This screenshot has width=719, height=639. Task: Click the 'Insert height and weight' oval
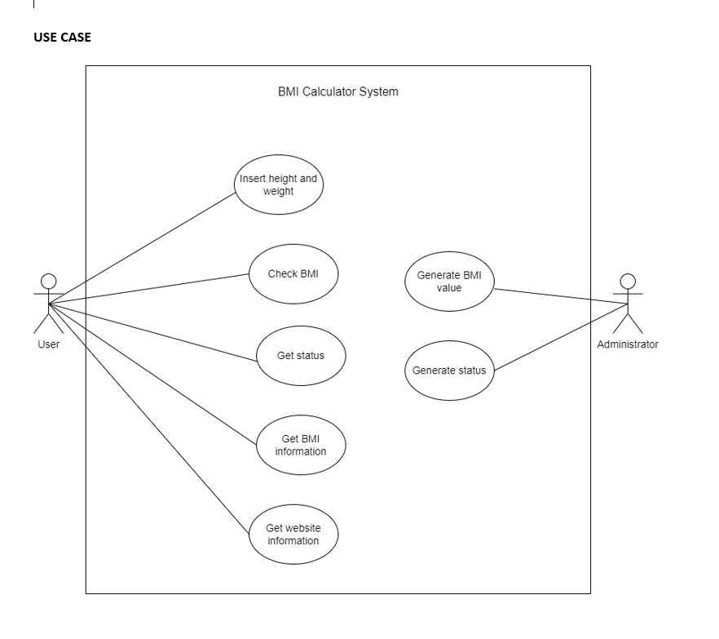click(x=278, y=184)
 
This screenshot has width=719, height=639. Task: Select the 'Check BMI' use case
click(x=293, y=274)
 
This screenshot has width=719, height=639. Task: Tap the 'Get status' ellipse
click(x=301, y=356)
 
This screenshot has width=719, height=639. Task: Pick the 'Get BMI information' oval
click(x=300, y=446)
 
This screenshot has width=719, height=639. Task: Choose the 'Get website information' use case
click(x=293, y=534)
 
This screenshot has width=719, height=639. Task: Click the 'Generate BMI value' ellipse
click(x=449, y=281)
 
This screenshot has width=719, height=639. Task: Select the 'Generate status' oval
click(x=449, y=371)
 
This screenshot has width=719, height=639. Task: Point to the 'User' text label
click(x=48, y=344)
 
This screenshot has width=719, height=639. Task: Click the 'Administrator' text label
click(x=628, y=344)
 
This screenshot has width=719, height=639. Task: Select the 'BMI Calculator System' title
click(x=338, y=91)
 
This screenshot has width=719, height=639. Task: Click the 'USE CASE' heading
click(x=63, y=38)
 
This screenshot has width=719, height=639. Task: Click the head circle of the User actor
click(x=48, y=281)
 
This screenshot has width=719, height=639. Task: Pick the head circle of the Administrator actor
click(x=628, y=281)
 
